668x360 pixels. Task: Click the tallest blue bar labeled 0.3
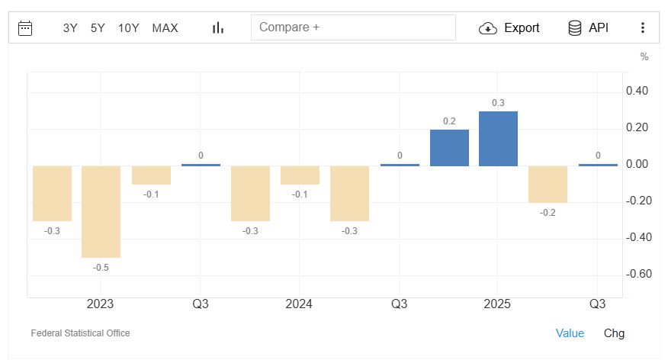point(498,139)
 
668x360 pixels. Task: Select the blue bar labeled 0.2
point(449,148)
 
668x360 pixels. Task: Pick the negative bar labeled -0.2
point(548,184)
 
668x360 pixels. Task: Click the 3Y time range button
point(70,28)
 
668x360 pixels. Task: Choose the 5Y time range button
point(98,28)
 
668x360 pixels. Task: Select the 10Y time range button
point(128,28)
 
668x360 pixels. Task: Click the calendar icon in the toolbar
point(25,28)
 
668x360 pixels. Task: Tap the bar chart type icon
point(218,28)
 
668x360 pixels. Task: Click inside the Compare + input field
point(352,27)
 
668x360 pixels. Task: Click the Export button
point(509,28)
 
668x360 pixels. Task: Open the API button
point(588,28)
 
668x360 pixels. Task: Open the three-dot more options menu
point(642,28)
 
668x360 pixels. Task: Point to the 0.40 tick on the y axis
point(637,92)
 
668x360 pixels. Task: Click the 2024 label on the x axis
point(299,304)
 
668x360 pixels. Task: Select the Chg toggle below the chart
point(614,333)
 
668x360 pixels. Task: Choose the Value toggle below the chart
point(570,333)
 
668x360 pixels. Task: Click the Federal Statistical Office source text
point(80,333)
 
